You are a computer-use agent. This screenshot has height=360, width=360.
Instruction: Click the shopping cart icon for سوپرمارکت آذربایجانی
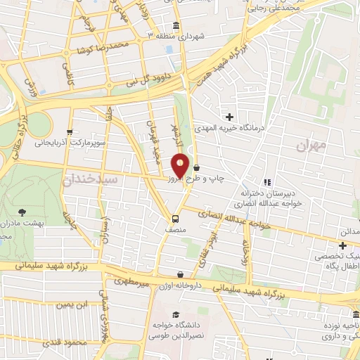[69, 131]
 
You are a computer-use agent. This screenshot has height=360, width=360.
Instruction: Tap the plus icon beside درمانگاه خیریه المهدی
[230, 116]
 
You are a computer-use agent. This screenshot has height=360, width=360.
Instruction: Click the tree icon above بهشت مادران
[24, 212]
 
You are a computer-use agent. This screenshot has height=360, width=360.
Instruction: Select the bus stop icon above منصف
[176, 217]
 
